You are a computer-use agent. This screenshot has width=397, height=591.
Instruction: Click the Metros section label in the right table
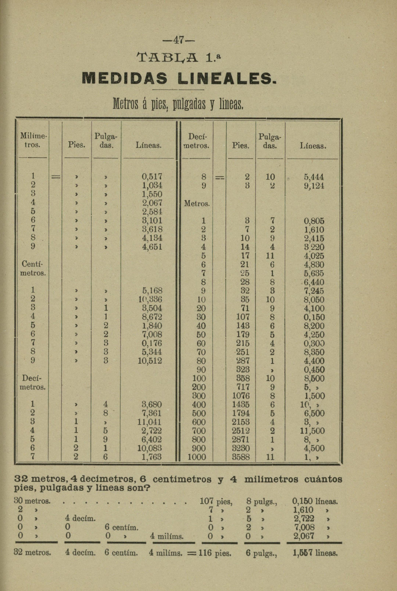(x=197, y=203)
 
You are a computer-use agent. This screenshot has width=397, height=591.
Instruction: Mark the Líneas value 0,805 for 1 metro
(x=314, y=221)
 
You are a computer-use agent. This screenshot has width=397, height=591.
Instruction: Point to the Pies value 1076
(x=241, y=396)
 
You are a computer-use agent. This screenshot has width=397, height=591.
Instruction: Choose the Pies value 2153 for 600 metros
(x=241, y=422)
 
